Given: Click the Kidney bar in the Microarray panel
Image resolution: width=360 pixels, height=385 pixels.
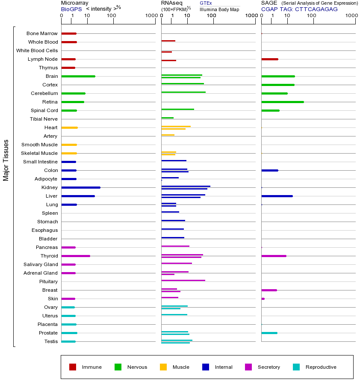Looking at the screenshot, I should pos(81,187).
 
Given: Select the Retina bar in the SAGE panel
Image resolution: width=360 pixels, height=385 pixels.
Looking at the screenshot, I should pos(282,102).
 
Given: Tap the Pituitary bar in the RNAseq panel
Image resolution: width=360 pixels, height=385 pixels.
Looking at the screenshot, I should pos(183,280).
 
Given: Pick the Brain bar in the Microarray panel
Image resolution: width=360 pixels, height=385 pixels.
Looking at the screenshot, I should pos(78,76).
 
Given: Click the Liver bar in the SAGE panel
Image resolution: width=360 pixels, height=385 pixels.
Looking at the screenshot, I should pos(277,196).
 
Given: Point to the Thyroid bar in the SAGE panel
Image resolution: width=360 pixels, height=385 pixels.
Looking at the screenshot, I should pos(274,256).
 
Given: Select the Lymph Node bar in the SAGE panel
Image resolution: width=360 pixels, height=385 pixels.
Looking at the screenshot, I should pos(270,59).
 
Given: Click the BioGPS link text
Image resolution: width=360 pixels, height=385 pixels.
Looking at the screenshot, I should pos(70,9).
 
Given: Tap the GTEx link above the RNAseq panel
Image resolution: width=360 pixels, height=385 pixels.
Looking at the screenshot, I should pos(206,3).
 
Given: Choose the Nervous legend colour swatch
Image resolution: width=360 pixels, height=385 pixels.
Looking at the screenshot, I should pos(118,367).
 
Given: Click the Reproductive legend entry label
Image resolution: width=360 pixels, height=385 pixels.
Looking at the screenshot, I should pos(321,367).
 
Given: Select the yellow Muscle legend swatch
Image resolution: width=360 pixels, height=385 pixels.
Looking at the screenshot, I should pos(163,367).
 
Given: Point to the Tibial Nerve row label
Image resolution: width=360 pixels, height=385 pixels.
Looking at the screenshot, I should pos(44,119).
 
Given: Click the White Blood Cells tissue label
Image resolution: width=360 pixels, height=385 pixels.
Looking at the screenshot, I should pos(37,50).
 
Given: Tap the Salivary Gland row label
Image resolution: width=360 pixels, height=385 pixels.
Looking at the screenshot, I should pos(41,264).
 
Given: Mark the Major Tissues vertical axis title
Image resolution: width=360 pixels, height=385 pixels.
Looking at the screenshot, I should pos(6,160).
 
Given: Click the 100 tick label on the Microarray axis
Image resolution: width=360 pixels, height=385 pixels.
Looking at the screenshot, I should pos(112,16).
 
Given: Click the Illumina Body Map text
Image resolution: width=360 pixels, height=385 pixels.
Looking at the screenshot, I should pos(219,9).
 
